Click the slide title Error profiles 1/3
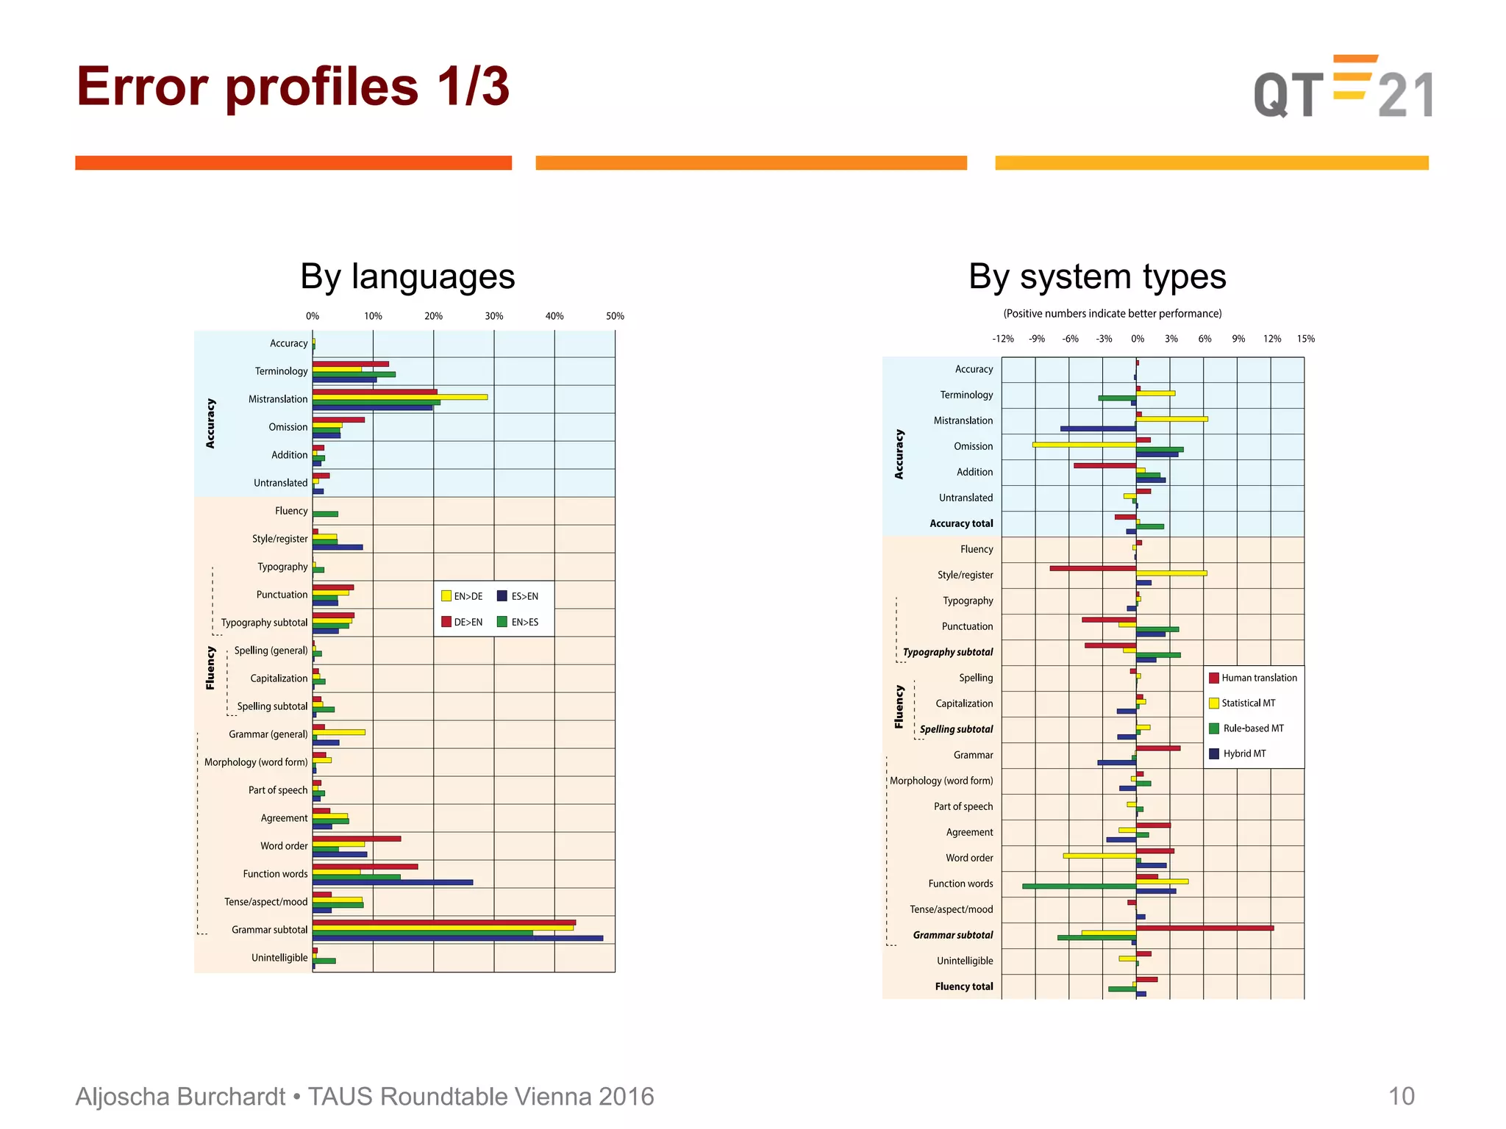click(x=293, y=87)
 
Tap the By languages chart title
click(x=407, y=277)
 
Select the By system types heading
click(x=1097, y=277)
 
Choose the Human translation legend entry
click(x=1253, y=678)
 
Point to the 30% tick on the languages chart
click(x=494, y=316)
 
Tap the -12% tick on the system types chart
click(x=1002, y=339)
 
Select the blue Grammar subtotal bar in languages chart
click(x=457, y=939)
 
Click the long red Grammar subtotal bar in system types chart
click(x=1205, y=928)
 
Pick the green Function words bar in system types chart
click(x=1079, y=886)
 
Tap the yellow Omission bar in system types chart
click(x=1084, y=445)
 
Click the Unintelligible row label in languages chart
click(x=279, y=958)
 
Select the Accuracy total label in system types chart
click(x=961, y=523)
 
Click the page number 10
click(x=1401, y=1096)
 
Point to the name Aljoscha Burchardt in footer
click(x=180, y=1096)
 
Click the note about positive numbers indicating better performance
click(x=1112, y=314)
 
